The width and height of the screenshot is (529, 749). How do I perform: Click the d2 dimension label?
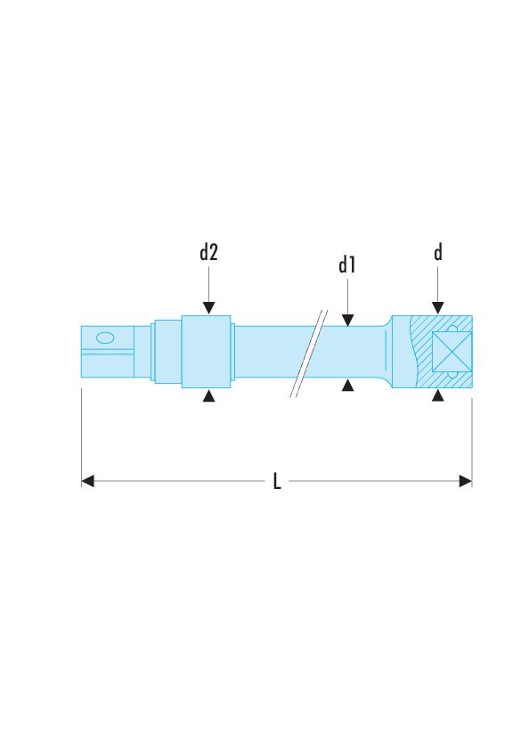point(208,252)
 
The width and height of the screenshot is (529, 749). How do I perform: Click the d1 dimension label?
point(347,265)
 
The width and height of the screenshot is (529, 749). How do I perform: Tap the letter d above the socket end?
point(438,252)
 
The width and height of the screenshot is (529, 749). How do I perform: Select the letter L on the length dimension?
point(277,481)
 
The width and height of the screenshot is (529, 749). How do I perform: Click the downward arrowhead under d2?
point(208,308)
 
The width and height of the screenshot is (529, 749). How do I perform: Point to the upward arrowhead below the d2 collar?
point(208,395)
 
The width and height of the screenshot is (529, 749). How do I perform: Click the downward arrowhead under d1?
point(347,320)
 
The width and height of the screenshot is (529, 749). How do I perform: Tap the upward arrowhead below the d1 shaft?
point(347,385)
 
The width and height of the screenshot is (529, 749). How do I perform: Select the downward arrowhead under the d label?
point(438,308)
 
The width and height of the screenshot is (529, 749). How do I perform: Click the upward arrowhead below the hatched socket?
point(438,395)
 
